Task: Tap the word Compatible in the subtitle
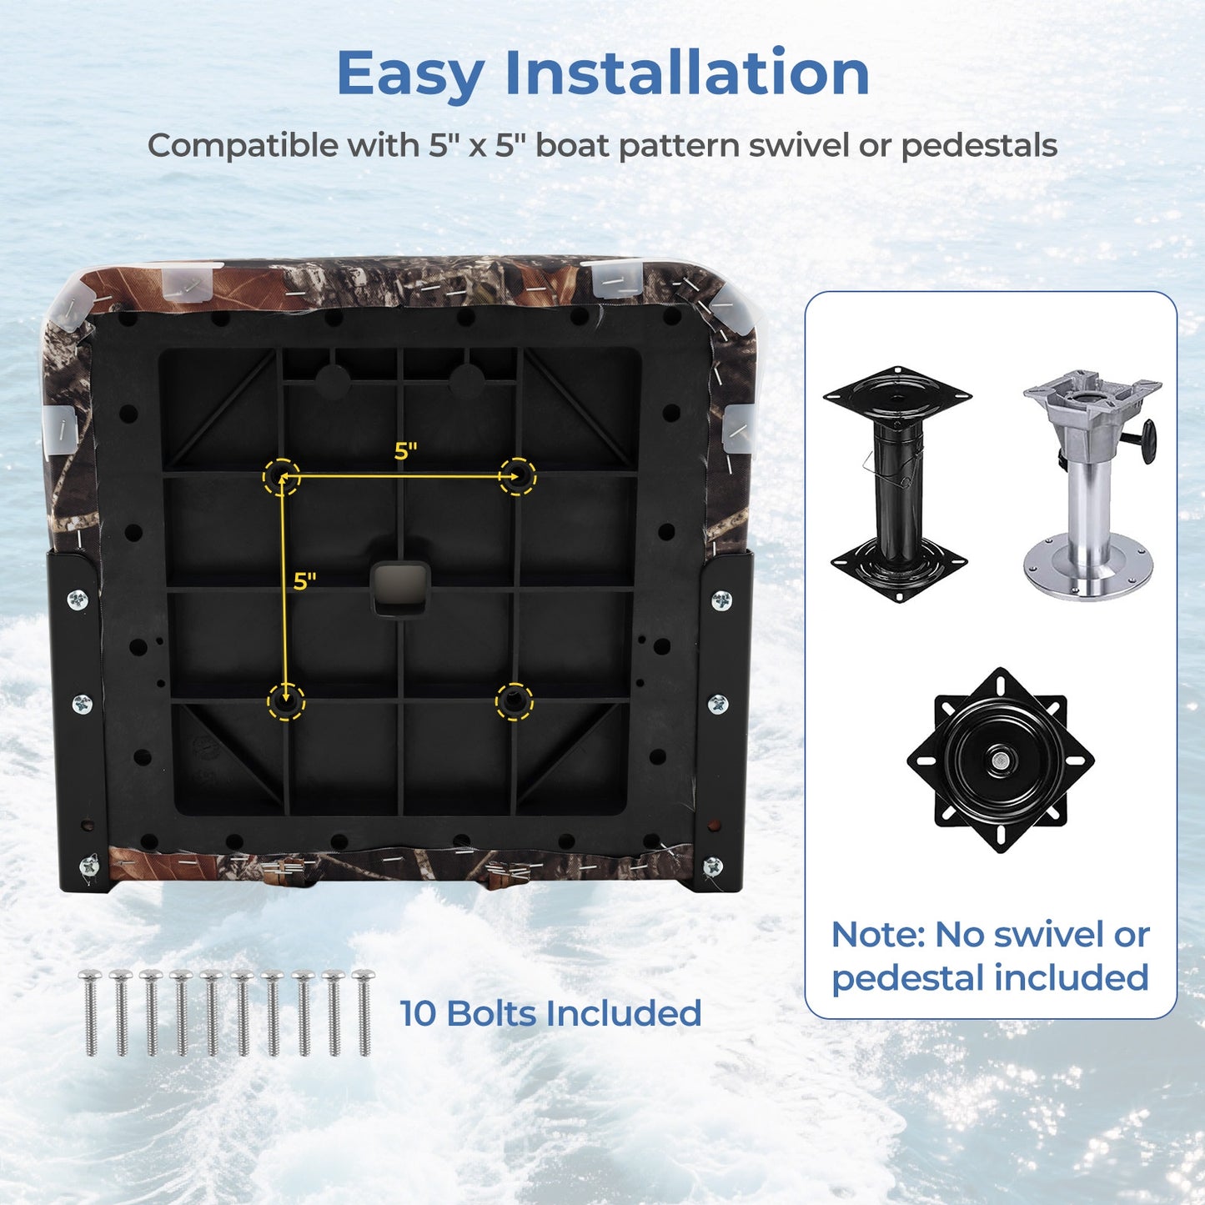pyautogui.click(x=244, y=146)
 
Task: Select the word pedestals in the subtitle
pyautogui.click(x=979, y=146)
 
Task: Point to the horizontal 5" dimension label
pyautogui.click(x=406, y=451)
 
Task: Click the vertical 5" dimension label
pyautogui.click(x=304, y=581)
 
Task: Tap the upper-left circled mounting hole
pyautogui.click(x=281, y=476)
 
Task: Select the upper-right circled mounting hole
pyautogui.click(x=517, y=476)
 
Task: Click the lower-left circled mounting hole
pyautogui.click(x=286, y=701)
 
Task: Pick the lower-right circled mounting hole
pyautogui.click(x=515, y=701)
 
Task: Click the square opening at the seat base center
pyautogui.click(x=399, y=589)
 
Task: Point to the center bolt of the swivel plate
pyautogui.click(x=999, y=760)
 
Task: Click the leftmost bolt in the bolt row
pyautogui.click(x=91, y=1012)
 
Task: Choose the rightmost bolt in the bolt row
pyautogui.click(x=364, y=1012)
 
